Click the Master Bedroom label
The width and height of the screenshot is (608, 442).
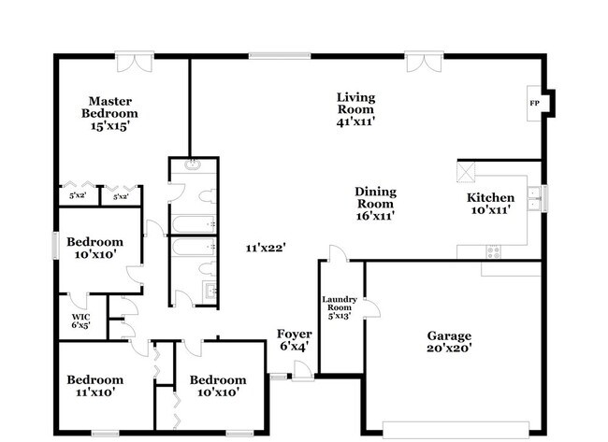point(110,112)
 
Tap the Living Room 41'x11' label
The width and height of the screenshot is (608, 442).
point(355,107)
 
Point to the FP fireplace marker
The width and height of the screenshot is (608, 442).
point(535,103)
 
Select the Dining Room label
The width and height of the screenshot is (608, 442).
point(374,204)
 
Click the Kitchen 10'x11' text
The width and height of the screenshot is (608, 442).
point(491,204)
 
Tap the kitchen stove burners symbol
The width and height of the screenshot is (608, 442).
point(493,250)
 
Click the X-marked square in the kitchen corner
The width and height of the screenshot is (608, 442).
point(467,172)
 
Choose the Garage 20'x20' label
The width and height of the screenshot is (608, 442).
point(450,342)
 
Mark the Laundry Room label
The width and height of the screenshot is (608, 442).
point(340,307)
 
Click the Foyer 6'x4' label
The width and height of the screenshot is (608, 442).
point(294,340)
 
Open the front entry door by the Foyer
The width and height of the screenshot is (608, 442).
point(301,371)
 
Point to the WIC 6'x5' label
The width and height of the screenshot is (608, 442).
point(80,321)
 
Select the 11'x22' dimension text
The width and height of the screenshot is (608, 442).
point(266,248)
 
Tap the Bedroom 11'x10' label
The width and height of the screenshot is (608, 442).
point(94,386)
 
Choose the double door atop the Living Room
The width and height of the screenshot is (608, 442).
point(421,62)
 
